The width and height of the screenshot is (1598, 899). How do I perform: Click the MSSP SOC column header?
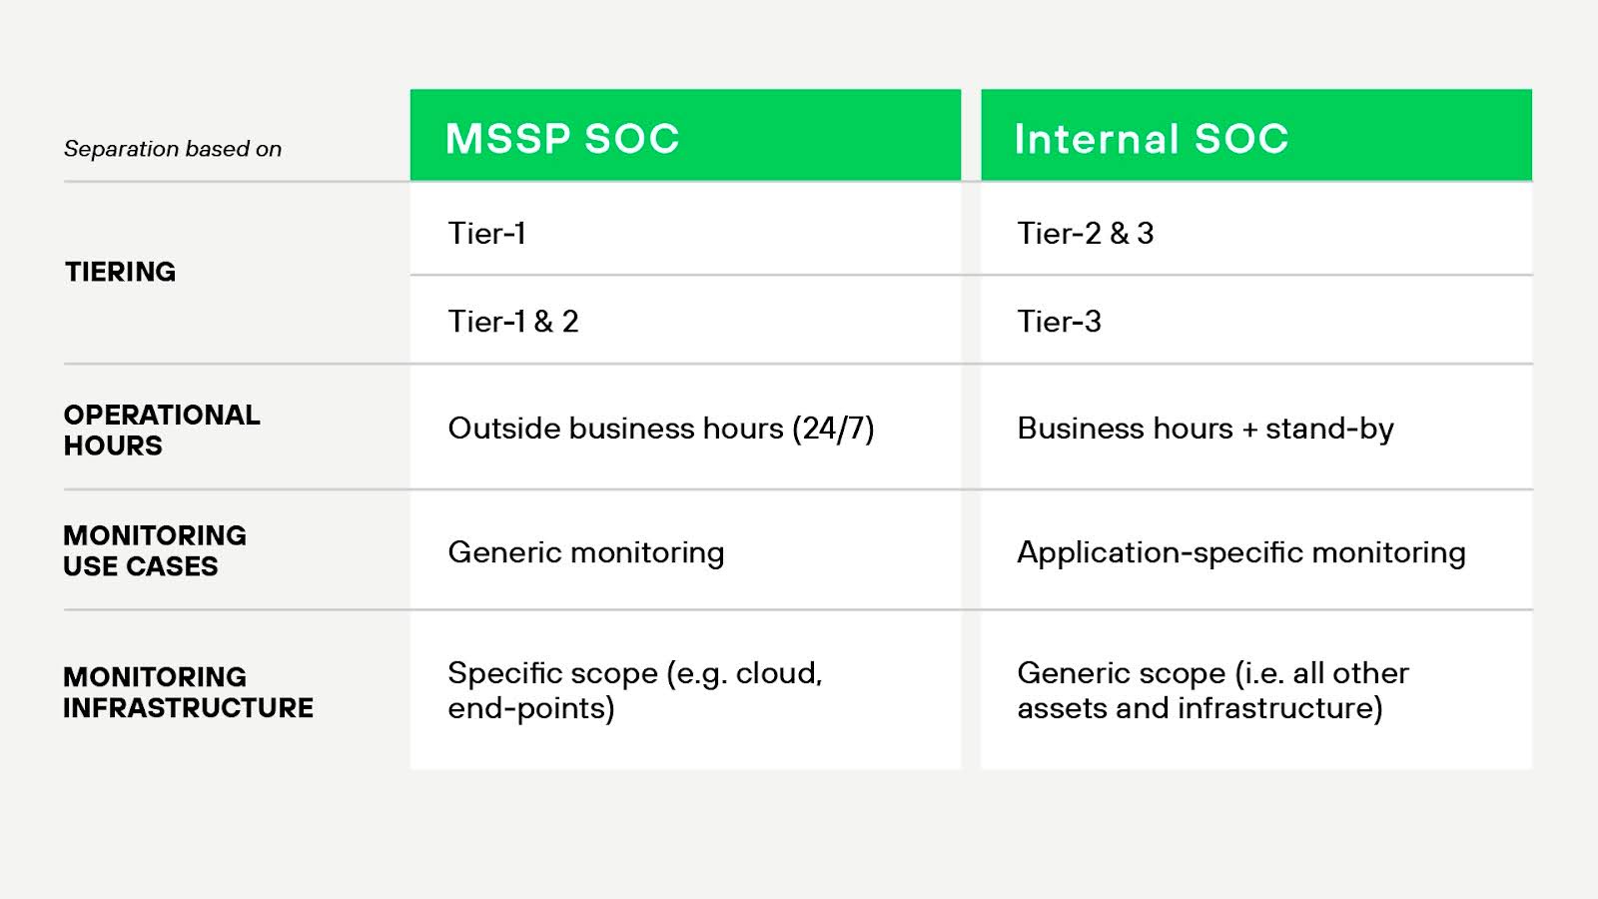(562, 138)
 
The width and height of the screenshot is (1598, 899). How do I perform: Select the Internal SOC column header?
(1151, 138)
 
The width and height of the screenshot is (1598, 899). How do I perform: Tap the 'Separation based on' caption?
(173, 149)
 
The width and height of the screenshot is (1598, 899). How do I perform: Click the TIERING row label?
(120, 272)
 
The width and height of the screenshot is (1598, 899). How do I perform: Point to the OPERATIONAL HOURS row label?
(161, 430)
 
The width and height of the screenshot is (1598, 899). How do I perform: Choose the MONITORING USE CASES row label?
(154, 550)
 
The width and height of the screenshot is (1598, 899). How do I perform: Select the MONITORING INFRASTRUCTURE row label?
(188, 691)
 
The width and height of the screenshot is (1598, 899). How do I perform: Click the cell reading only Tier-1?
(486, 233)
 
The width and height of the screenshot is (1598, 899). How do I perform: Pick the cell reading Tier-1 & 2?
(512, 321)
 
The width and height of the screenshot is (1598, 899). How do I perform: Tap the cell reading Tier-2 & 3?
(1085, 233)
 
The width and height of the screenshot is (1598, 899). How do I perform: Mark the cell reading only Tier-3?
(1059, 321)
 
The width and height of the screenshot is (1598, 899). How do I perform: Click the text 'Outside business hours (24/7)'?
(660, 428)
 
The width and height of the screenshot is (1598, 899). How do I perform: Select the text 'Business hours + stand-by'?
(1204, 428)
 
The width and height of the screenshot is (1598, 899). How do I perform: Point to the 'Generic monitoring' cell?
(585, 551)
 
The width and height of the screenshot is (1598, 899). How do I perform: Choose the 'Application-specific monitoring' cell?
(1240, 551)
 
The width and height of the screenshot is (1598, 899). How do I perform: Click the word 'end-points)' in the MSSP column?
(530, 708)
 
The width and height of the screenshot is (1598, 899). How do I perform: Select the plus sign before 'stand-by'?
(1249, 429)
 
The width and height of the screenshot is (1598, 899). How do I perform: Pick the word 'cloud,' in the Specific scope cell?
(778, 673)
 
